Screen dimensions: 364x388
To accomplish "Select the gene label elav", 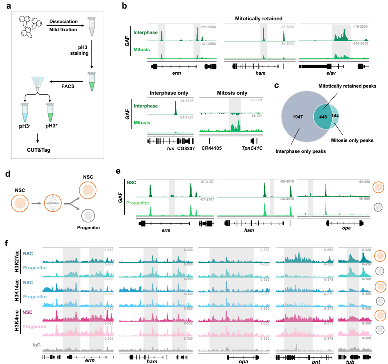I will (x=334, y=73).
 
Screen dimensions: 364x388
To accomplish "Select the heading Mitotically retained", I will (x=259, y=18).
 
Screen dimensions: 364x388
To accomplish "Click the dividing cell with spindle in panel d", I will (x=54, y=203).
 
